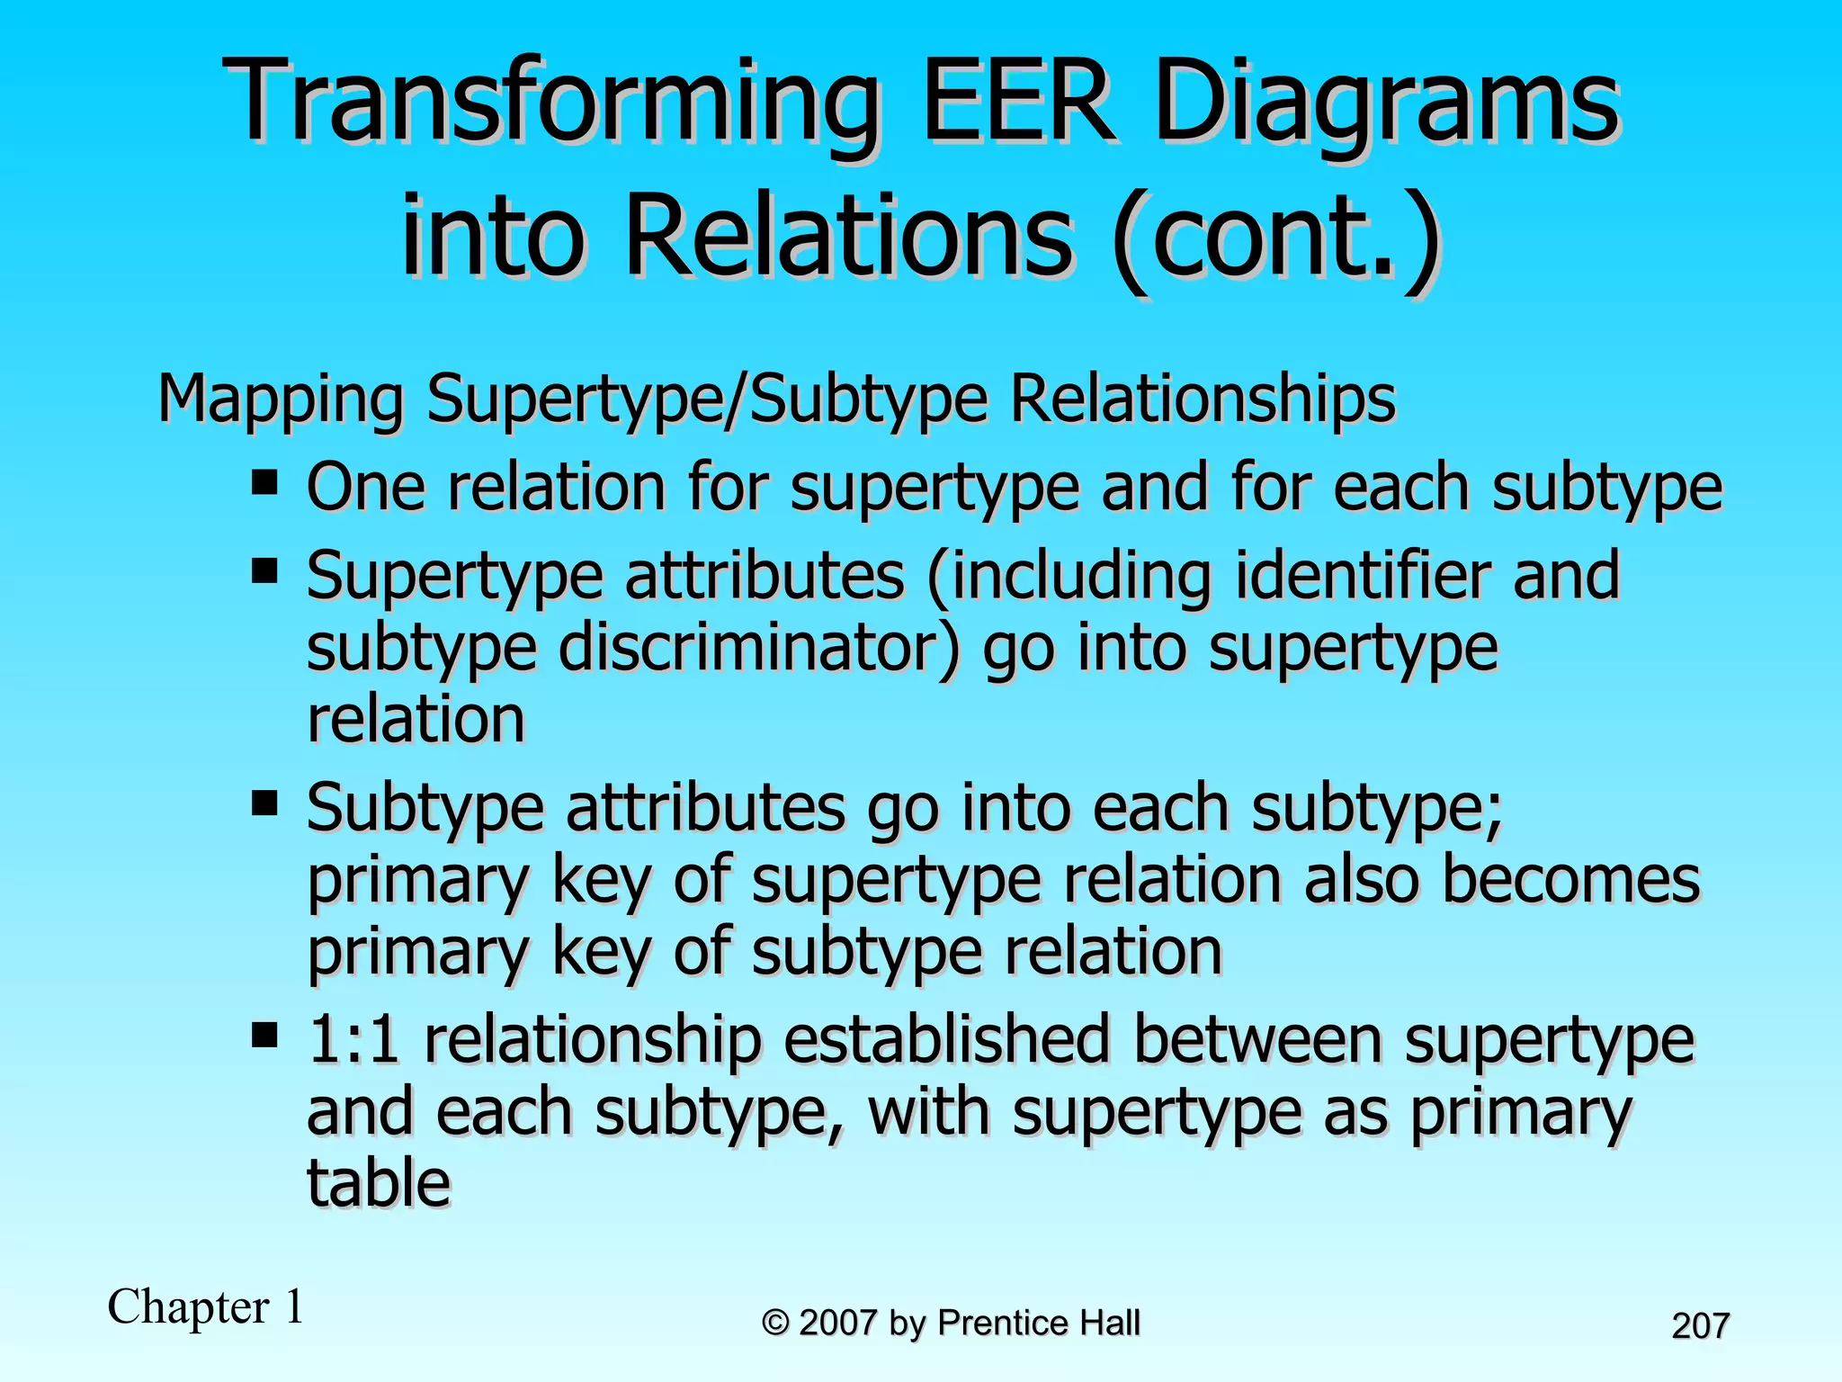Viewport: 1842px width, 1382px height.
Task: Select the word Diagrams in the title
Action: pyautogui.click(x=1386, y=103)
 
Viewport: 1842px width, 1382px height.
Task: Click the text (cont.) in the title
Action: pyautogui.click(x=1276, y=239)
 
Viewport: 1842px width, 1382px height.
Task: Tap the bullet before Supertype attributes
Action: pyautogui.click(x=264, y=570)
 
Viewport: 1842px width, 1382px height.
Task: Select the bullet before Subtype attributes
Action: pyautogui.click(x=264, y=802)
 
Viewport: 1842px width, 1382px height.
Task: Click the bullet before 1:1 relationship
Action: pyautogui.click(x=264, y=1034)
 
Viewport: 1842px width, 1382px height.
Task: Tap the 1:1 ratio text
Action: pyautogui.click(x=353, y=1039)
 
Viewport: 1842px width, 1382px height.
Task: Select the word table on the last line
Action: pyautogui.click(x=378, y=1183)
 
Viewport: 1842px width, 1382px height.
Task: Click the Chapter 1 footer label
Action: pyautogui.click(x=206, y=1306)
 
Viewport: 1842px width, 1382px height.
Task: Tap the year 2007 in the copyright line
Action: pyautogui.click(x=837, y=1324)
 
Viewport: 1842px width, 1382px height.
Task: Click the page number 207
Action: pyautogui.click(x=1700, y=1326)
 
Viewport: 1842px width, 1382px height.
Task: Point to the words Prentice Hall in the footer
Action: pyautogui.click(x=1038, y=1324)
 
